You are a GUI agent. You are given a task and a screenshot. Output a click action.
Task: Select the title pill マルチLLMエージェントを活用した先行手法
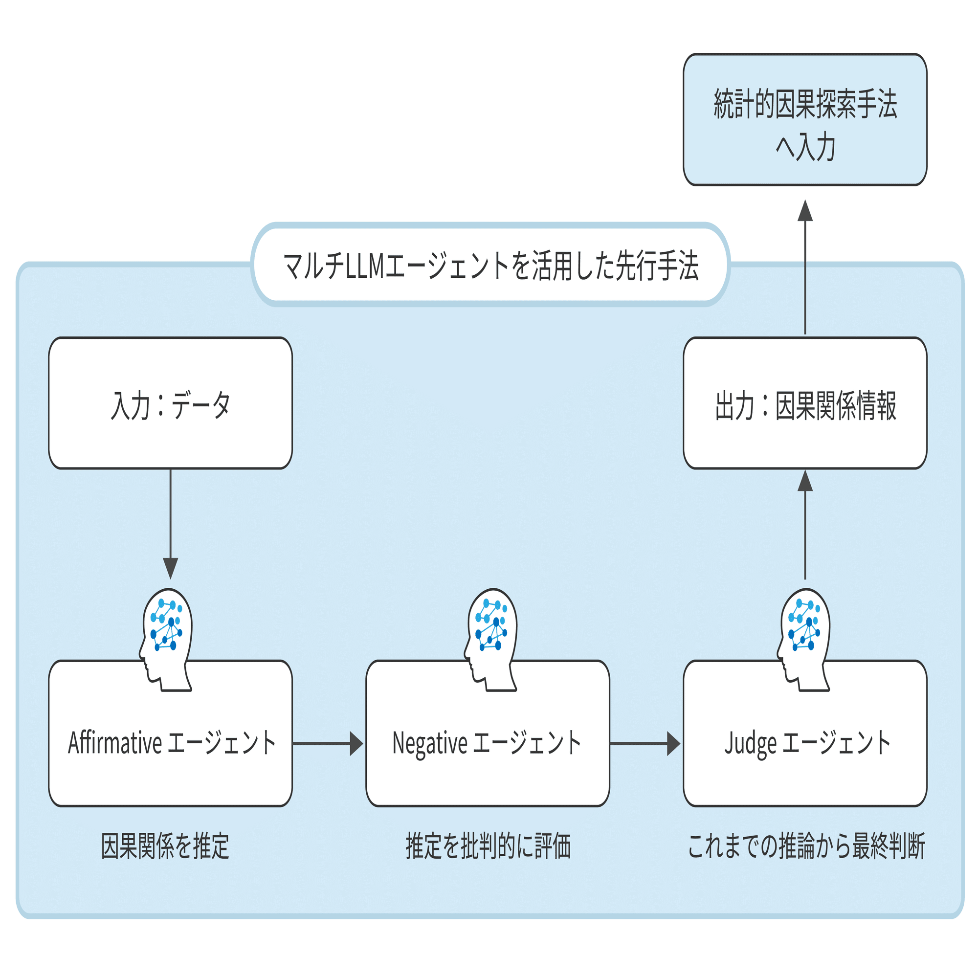[490, 265]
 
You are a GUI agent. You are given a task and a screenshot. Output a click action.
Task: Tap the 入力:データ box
[171, 403]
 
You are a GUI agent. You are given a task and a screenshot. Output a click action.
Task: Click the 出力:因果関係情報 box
[805, 403]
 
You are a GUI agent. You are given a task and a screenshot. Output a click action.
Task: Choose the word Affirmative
[115, 743]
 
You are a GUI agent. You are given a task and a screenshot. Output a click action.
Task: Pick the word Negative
[430, 743]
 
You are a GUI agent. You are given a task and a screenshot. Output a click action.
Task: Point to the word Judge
[750, 743]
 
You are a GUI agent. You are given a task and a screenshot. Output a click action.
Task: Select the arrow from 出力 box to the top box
[805, 268]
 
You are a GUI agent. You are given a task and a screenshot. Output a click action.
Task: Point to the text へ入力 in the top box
[805, 147]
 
